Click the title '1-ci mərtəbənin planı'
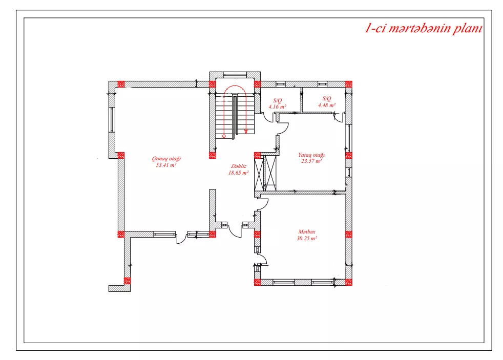(x=424, y=29)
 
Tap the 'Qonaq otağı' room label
(x=166, y=159)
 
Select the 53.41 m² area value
(x=166, y=165)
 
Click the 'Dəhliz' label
(x=239, y=166)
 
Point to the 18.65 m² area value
(x=238, y=173)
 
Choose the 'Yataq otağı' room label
(x=311, y=155)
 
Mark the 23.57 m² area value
(x=311, y=161)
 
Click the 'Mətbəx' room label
(x=307, y=231)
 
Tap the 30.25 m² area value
(x=307, y=238)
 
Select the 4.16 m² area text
(x=277, y=107)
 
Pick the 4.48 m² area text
(x=327, y=105)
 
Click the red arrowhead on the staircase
(x=246, y=131)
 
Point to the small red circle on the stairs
(x=224, y=136)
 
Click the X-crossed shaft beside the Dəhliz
(x=265, y=173)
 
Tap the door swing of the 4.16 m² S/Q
(x=268, y=117)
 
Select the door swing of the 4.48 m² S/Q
(x=338, y=117)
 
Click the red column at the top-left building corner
(x=121, y=84)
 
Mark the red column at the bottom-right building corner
(x=349, y=283)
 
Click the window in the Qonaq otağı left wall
(x=112, y=119)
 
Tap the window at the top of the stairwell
(x=235, y=75)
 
